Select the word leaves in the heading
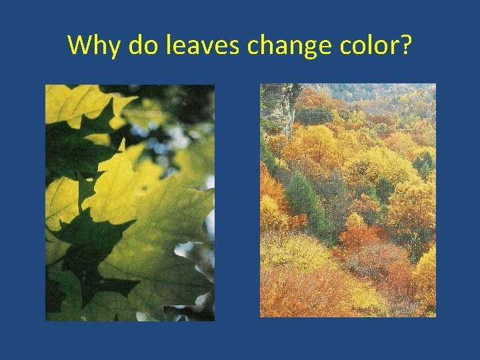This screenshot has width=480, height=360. pyautogui.click(x=201, y=45)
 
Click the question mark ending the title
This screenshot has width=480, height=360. pyautogui.click(x=405, y=45)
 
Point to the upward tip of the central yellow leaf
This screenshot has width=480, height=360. pyautogui.click(x=122, y=142)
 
